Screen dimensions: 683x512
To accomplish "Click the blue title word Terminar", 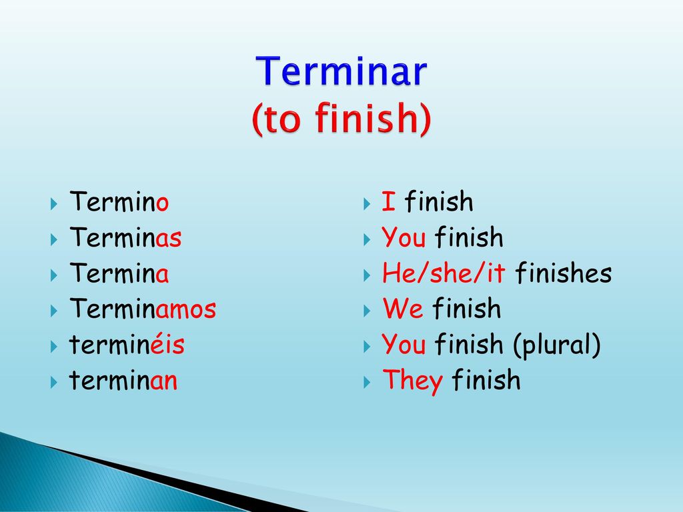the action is [341, 71].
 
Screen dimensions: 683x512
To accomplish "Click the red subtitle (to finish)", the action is [341, 118].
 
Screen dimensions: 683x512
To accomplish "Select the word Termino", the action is [119, 201].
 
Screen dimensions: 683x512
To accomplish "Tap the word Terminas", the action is [125, 237].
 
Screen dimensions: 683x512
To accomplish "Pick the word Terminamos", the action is [143, 309].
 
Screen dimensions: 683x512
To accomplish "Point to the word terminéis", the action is [127, 344].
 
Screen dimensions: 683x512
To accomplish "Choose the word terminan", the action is [123, 380].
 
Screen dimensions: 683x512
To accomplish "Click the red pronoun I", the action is [389, 201].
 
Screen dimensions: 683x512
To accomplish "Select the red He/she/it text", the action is [444, 273].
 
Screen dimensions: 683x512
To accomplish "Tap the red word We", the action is [403, 308].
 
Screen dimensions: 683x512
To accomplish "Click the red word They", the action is [412, 381].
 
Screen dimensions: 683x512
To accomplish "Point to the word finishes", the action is [564, 273].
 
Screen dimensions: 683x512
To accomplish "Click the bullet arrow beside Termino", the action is [53, 203].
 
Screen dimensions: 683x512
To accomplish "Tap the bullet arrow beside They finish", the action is [367, 382].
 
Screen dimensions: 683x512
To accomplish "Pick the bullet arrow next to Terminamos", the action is [53, 311].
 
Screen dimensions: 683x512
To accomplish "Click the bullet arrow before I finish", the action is [367, 203].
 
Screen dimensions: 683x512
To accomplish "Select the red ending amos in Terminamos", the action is [186, 309].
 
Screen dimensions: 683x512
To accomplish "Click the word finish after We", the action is [467, 308].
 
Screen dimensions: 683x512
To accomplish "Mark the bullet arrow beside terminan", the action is [53, 382].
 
